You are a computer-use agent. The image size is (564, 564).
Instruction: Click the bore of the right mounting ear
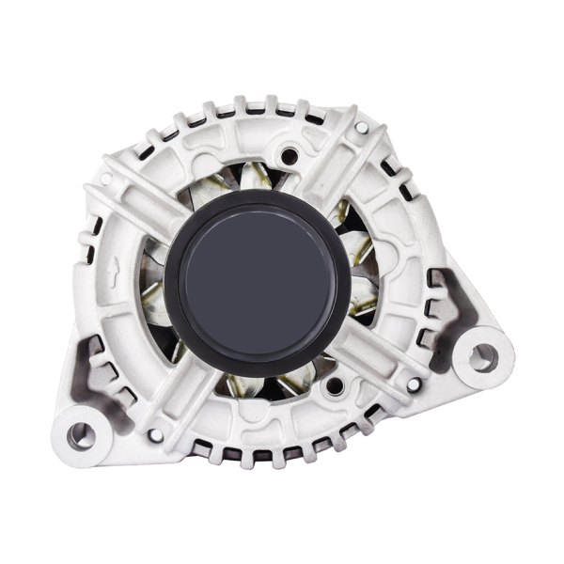coord(482,356)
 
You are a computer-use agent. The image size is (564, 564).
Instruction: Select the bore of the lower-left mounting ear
coord(82,434)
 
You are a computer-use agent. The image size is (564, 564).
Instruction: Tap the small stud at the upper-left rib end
coord(106,179)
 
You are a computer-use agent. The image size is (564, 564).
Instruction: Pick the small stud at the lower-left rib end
coord(156,435)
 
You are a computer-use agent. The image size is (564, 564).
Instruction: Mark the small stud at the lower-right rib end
coord(413,384)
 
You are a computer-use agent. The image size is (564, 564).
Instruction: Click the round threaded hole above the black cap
coord(290,156)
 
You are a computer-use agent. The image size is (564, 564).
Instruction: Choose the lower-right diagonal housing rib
coord(376,357)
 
